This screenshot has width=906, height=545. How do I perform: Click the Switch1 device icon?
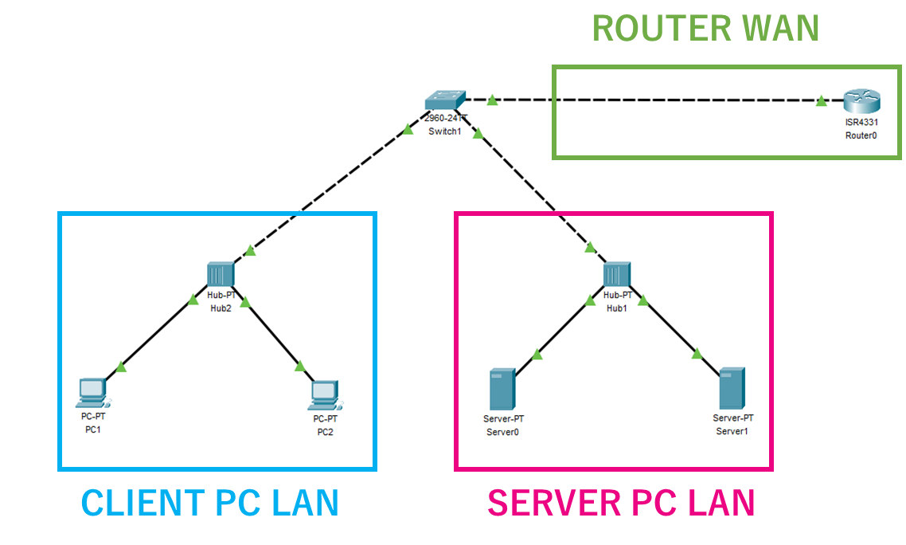pyautogui.click(x=444, y=100)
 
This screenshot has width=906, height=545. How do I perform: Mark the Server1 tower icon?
pyautogui.click(x=732, y=388)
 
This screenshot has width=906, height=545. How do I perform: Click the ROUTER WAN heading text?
pyautogui.click(x=705, y=29)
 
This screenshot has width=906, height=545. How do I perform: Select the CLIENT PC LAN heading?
pyautogui.click(x=210, y=503)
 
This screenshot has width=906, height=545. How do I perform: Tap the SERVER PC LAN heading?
pyautogui.click(x=621, y=503)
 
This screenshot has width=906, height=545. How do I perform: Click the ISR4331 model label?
pyautogui.click(x=861, y=123)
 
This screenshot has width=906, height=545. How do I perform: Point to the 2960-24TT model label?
pyautogui.click(x=444, y=118)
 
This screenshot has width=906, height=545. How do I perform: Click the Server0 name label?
pyautogui.click(x=502, y=432)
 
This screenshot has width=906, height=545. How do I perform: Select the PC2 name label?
pyautogui.click(x=325, y=432)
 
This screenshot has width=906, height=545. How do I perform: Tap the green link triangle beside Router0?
pyautogui.click(x=821, y=101)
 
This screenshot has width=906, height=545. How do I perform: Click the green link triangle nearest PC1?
pyautogui.click(x=120, y=367)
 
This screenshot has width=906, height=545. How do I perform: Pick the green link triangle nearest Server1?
pyautogui.click(x=697, y=354)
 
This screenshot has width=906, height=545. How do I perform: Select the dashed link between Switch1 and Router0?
pyautogui.click(x=653, y=100)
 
